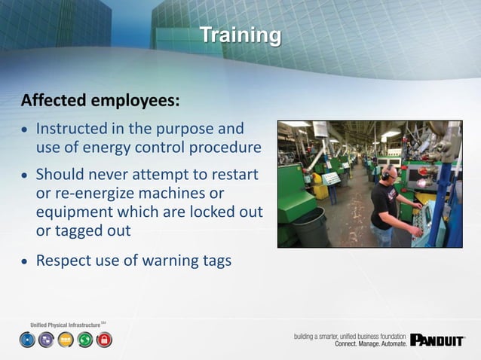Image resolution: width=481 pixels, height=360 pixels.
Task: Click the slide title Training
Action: (240, 35)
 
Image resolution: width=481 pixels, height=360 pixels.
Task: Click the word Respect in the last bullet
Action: (68, 261)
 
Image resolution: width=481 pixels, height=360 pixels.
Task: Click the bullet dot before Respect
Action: (25, 262)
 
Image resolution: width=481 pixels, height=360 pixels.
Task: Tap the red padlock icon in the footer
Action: (104, 340)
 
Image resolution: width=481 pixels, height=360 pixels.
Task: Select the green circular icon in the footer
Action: (85, 340)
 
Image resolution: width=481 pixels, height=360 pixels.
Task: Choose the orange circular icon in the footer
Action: (66, 340)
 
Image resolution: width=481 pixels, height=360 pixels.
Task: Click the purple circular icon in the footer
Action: (46, 340)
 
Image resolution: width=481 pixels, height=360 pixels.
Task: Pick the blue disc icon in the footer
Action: (27, 340)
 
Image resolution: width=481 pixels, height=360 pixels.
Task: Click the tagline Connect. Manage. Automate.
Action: (370, 343)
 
